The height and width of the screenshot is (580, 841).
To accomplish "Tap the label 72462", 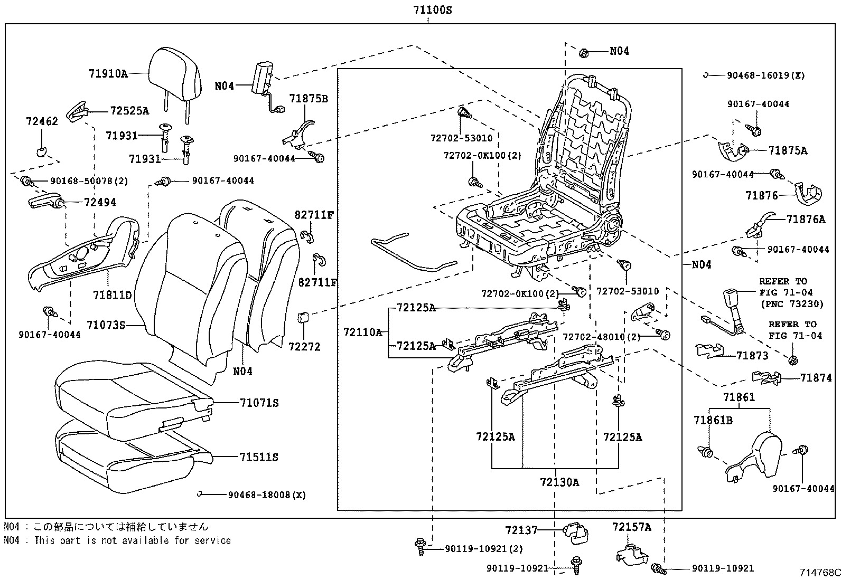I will [42, 121].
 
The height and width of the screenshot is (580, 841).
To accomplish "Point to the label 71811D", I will [112, 294].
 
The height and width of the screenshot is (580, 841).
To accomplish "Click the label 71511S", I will [258, 457].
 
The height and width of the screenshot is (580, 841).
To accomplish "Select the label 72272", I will [304, 347].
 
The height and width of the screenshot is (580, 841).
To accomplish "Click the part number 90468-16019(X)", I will [765, 75].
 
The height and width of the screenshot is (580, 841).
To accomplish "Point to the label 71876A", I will [805, 219].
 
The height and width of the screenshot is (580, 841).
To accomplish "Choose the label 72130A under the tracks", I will [559, 482].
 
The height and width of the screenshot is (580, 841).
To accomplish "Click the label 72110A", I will [362, 332].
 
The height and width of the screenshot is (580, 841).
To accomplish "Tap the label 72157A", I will [632, 527].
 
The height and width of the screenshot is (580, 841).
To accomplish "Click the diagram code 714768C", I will [819, 573].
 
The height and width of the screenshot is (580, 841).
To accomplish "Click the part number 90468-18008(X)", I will [267, 495].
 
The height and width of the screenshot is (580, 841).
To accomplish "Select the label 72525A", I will [129, 111].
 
